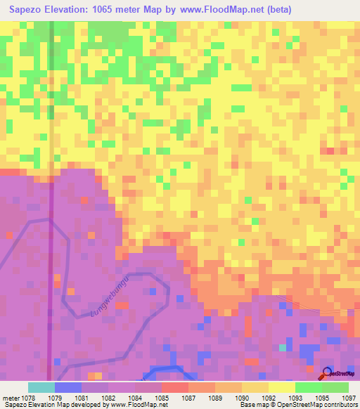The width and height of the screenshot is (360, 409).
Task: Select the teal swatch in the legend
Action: coord(41,387)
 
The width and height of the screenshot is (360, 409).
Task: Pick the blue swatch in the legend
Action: coord(68,387)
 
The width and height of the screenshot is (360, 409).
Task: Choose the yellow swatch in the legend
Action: coord(281,387)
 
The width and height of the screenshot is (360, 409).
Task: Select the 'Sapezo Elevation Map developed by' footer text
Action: coord(51,405)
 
